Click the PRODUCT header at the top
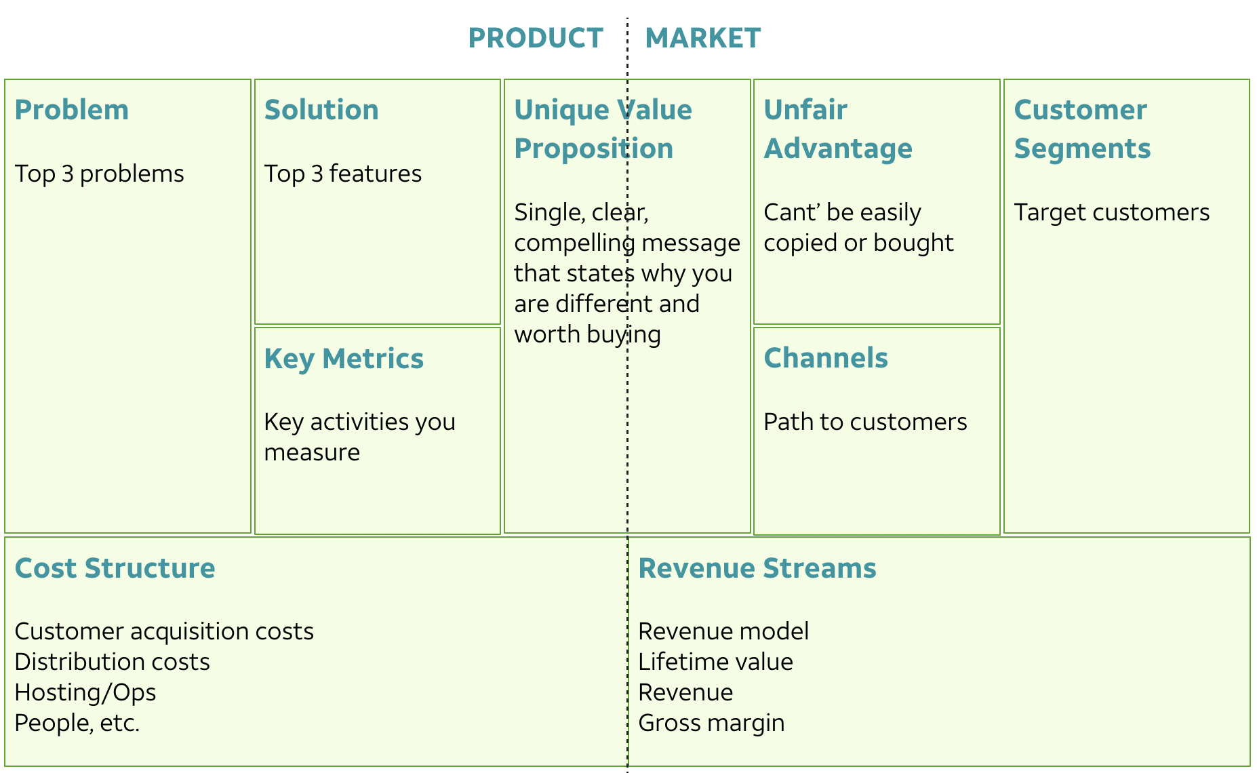pyautogui.click(x=535, y=38)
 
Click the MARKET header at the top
pyautogui.click(x=702, y=38)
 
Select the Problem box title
pyautogui.click(x=71, y=110)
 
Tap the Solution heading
pyautogui.click(x=321, y=110)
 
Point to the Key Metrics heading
pyautogui.click(x=344, y=359)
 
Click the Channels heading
pyautogui.click(x=825, y=358)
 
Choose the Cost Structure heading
pyautogui.click(x=115, y=568)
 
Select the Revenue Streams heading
pyautogui.click(x=757, y=568)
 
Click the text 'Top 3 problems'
pyautogui.click(x=99, y=174)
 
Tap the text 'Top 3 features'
pyautogui.click(x=342, y=174)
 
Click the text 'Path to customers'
pyautogui.click(x=865, y=422)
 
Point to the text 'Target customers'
pyautogui.click(x=1111, y=212)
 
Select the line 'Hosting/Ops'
pyautogui.click(x=85, y=692)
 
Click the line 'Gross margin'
pyautogui.click(x=711, y=723)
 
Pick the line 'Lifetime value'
pyautogui.click(x=715, y=662)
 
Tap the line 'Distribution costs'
pyautogui.click(x=112, y=662)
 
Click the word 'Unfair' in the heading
pyautogui.click(x=805, y=110)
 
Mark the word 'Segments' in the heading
pyautogui.click(x=1082, y=148)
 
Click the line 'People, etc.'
pyautogui.click(x=77, y=723)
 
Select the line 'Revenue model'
pyautogui.click(x=723, y=631)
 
